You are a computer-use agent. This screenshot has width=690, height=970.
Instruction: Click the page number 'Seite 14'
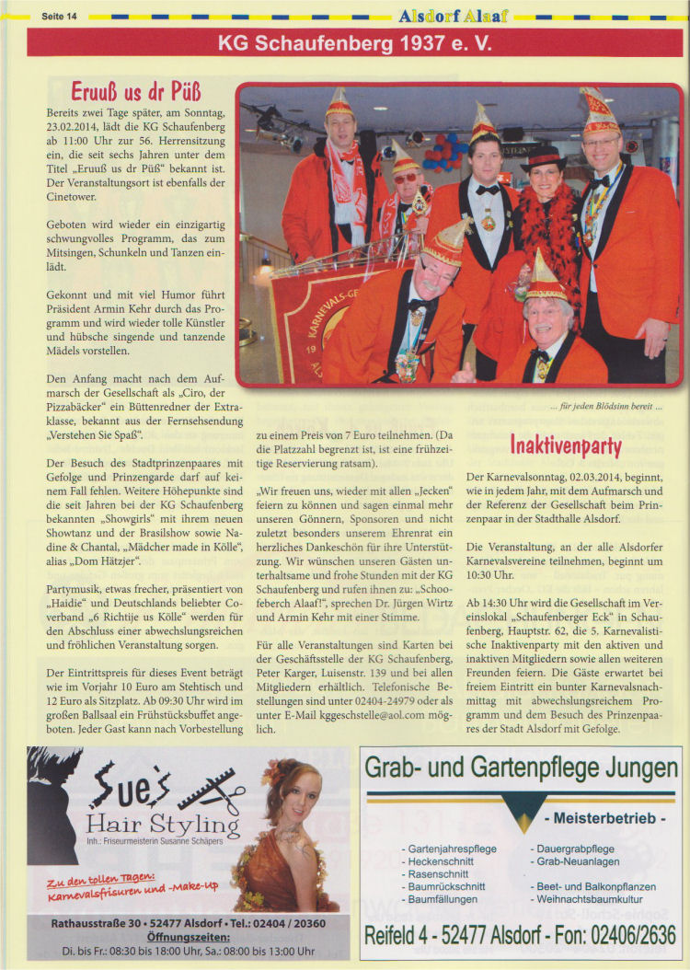point(60,16)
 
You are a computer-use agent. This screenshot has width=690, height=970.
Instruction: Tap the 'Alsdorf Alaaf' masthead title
point(453,16)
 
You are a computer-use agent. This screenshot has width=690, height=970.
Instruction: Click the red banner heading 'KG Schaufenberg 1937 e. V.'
point(354,42)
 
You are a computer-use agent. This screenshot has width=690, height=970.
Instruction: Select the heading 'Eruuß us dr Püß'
point(136,92)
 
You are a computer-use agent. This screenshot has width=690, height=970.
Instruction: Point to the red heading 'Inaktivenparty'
point(566,446)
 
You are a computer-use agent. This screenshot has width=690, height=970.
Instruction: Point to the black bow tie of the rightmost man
point(603,181)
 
